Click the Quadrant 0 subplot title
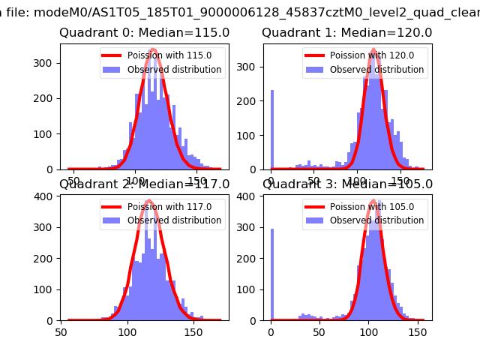[145, 33]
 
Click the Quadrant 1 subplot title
[347, 33]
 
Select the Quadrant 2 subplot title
[145, 184]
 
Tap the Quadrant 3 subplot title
[347, 184]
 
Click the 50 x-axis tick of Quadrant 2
[62, 331]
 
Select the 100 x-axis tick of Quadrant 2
[127, 331]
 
